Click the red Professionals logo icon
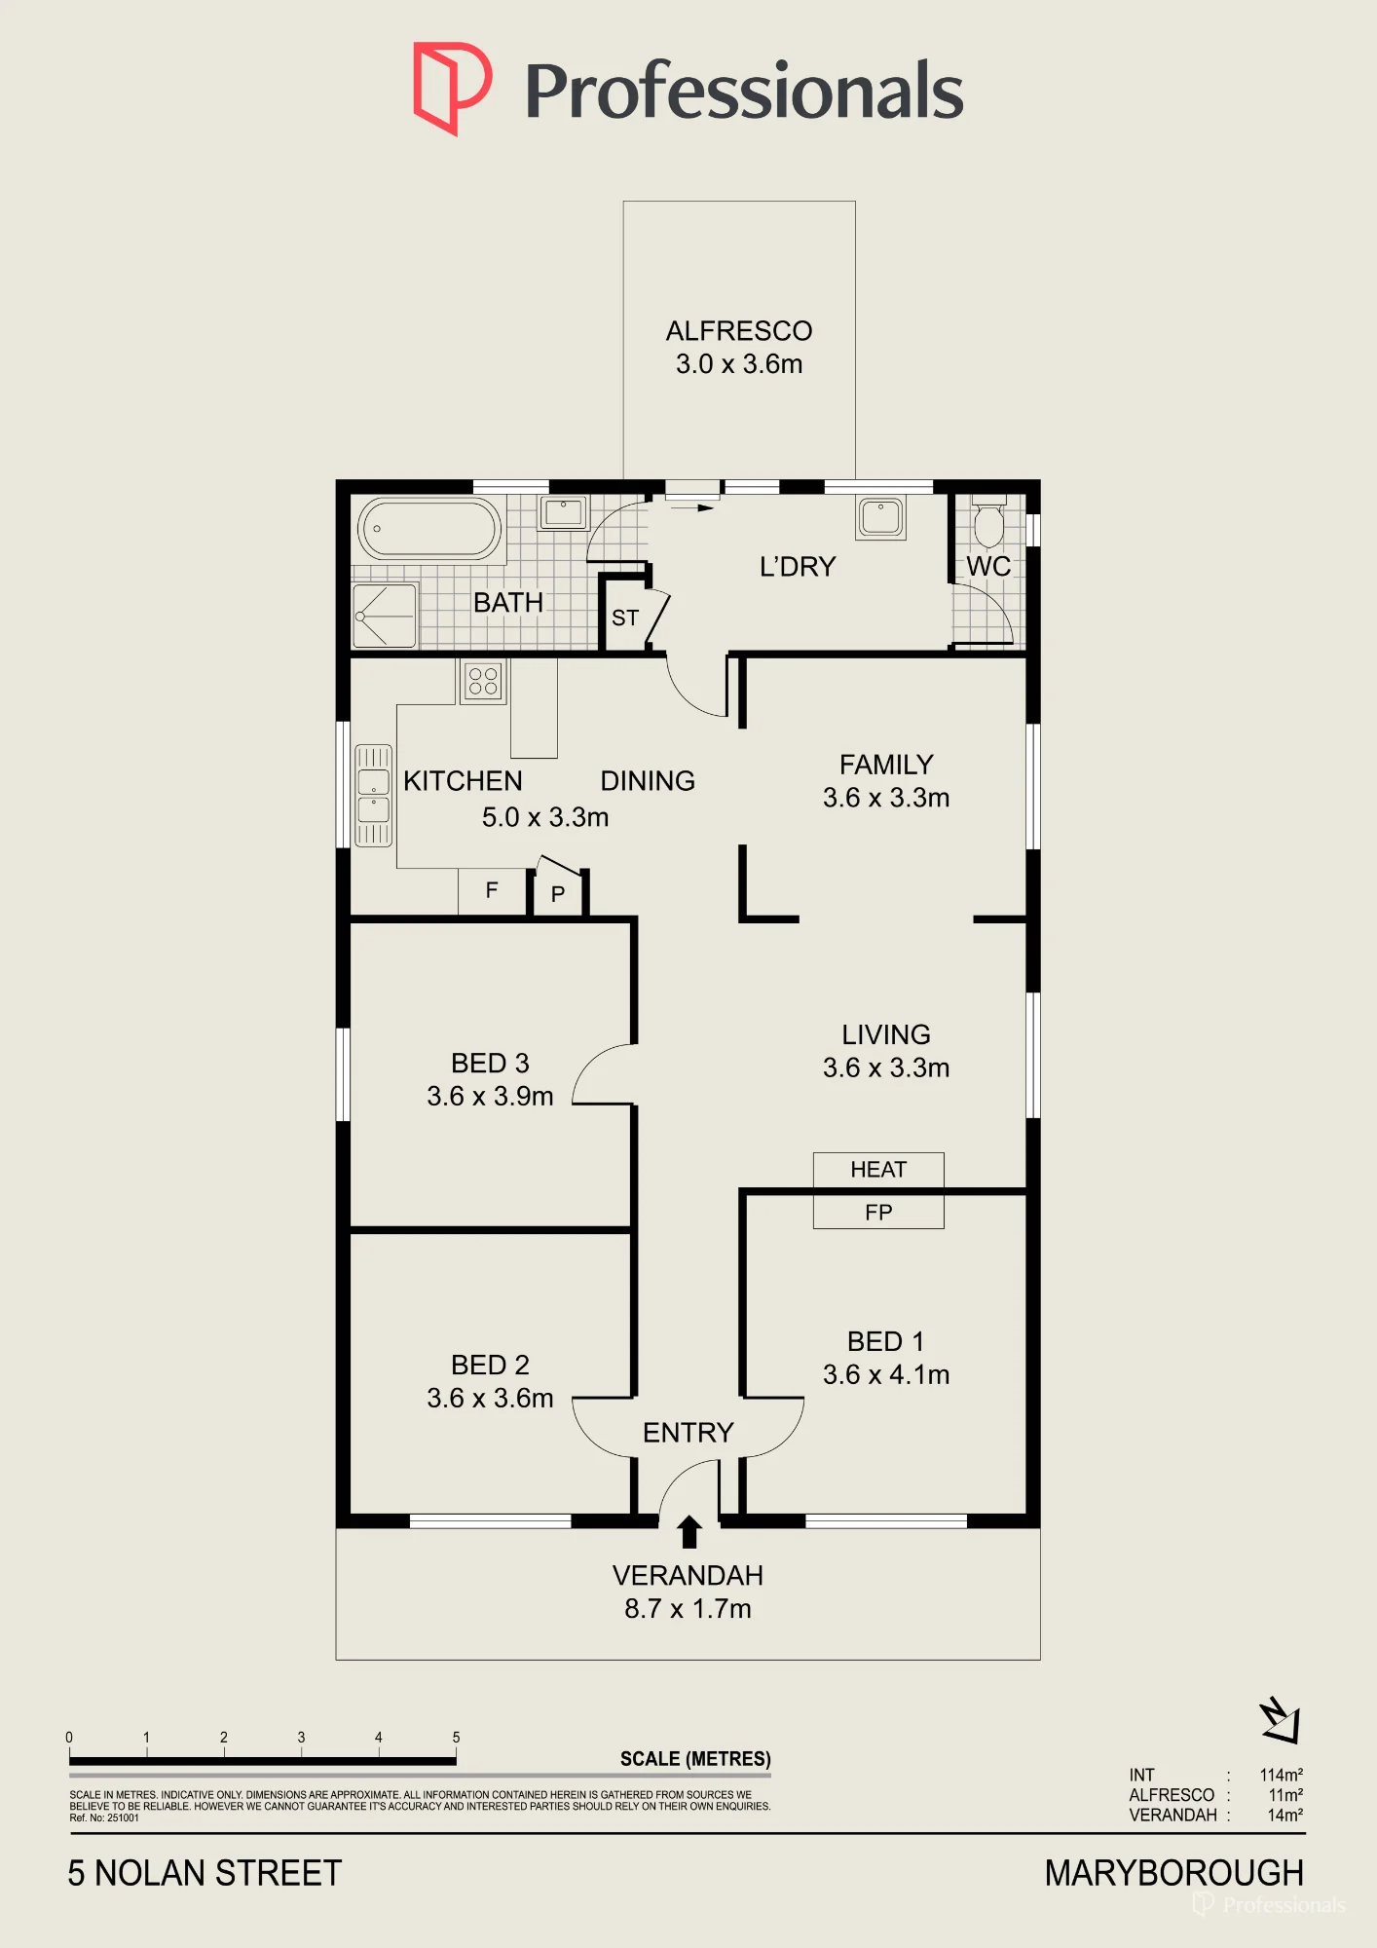[x=452, y=88]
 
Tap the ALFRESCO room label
[x=739, y=331]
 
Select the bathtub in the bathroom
[x=429, y=529]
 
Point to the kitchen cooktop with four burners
[x=483, y=680]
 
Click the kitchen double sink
[x=373, y=796]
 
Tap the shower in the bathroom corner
[x=385, y=616]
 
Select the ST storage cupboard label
[x=625, y=618]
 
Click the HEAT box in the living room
[x=878, y=1170]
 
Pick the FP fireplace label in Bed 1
[x=878, y=1213]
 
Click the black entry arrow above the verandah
[x=689, y=1531]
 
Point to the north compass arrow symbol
[x=1281, y=1720]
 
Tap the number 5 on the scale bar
[x=456, y=1738]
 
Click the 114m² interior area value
[x=1281, y=1775]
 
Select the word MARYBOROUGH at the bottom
[x=1174, y=1873]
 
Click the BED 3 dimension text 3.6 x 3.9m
[x=490, y=1097]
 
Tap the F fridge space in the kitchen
[x=492, y=890]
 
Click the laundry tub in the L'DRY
[x=881, y=517]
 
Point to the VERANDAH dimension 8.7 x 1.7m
[x=688, y=1609]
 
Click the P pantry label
[x=558, y=894]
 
